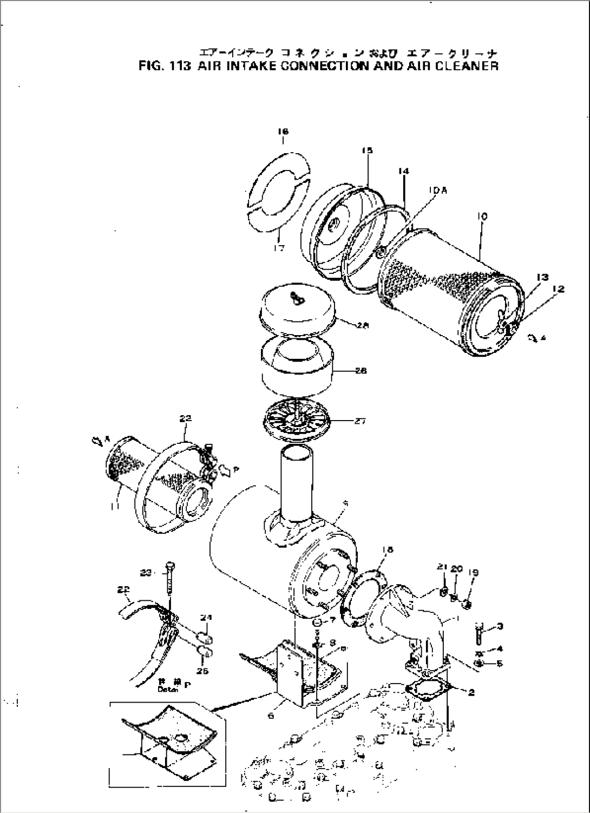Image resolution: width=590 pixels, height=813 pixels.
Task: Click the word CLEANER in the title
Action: click(x=465, y=67)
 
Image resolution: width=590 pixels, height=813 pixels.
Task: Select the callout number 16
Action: click(x=283, y=132)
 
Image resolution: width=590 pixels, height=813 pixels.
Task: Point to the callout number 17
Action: click(x=279, y=248)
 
